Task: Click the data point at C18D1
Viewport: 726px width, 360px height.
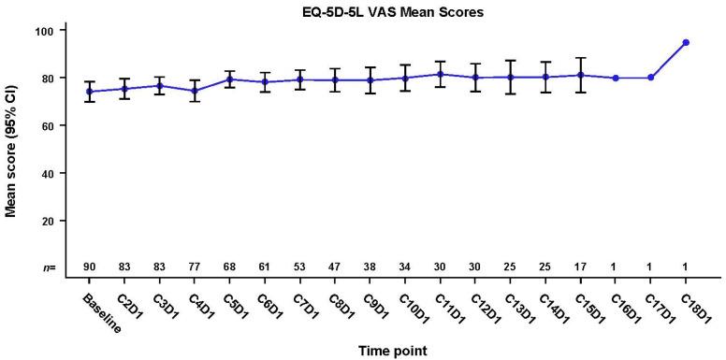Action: [686, 42]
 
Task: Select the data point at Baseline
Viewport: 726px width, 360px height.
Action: [89, 92]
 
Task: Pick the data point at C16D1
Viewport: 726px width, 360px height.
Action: [615, 78]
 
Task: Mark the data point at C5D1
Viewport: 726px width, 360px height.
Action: [229, 79]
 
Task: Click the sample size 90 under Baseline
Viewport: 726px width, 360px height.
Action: [89, 267]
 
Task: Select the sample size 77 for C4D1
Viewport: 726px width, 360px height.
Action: [195, 267]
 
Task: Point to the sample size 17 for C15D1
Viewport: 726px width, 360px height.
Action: [580, 267]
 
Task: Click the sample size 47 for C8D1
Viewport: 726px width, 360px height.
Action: [335, 267]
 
